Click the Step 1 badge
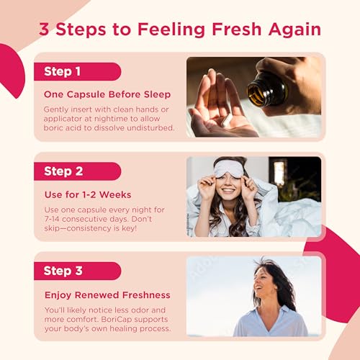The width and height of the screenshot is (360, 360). tap(77, 71)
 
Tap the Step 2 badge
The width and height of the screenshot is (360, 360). tap(77, 171)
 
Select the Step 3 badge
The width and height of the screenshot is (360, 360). tap(77, 271)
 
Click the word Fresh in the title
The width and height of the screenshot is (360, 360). tap(236, 30)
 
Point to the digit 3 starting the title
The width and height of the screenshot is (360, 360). tap(44, 30)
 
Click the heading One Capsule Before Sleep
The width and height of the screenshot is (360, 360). tap(107, 94)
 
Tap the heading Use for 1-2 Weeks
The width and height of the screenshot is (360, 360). tap(88, 194)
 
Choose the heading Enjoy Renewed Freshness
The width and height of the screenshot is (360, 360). tap(107, 295)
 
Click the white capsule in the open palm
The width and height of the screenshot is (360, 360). tap(227, 120)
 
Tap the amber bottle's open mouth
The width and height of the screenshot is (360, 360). tap(256, 92)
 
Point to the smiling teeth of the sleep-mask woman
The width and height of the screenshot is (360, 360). tap(228, 191)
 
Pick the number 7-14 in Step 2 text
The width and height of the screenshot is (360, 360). tap(52, 219)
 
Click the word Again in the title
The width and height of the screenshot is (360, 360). tap(294, 30)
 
